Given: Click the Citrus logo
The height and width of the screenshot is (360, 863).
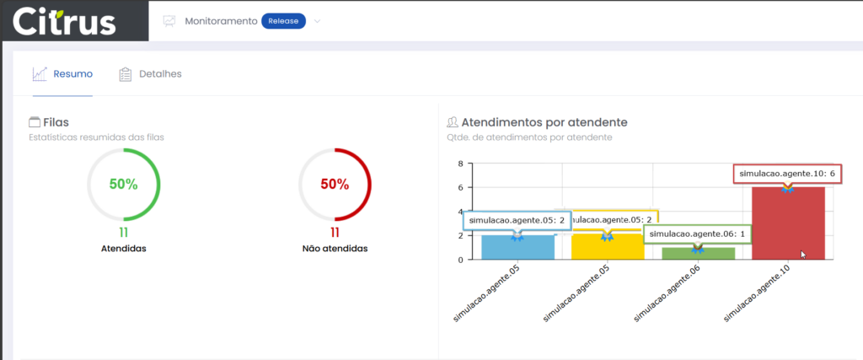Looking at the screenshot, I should tap(64, 20).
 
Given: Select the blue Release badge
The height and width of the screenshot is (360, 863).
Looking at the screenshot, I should tap(283, 21).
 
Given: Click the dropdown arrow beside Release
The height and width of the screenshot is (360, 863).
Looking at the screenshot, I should tap(318, 21).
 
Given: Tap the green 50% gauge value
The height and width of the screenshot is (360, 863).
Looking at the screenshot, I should tap(123, 184).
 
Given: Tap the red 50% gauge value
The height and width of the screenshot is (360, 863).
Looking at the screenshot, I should tap(335, 184).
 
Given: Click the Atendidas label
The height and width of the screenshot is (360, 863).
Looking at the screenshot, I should tap(123, 249).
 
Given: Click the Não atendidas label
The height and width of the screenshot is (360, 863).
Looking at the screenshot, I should tap(335, 249).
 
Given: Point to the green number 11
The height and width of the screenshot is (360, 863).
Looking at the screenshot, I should tap(123, 232).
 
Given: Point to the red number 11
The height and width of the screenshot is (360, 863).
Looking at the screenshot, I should tap(335, 232).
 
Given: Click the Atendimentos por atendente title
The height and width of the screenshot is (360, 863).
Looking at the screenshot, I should tap(537, 122).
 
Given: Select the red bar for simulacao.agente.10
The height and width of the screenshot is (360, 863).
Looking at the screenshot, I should tap(788, 223).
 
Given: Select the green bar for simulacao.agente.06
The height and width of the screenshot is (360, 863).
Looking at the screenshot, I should tap(698, 253).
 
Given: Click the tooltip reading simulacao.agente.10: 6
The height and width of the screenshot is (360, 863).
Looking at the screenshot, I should tap(787, 174).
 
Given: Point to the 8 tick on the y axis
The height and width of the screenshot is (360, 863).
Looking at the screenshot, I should tap(461, 164).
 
